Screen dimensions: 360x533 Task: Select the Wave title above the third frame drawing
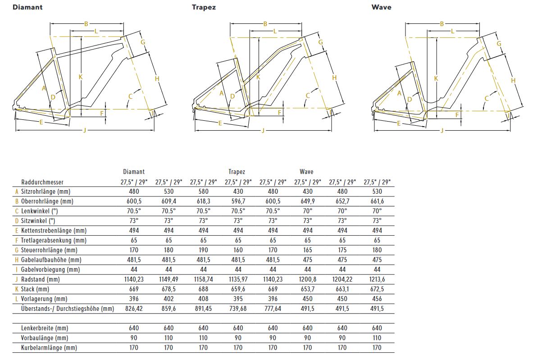point(381,7)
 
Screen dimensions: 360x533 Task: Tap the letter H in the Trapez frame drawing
point(334,78)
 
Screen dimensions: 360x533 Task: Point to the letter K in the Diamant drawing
point(81,77)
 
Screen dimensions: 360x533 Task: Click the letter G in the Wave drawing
point(499,44)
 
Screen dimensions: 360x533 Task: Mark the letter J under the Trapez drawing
point(264,131)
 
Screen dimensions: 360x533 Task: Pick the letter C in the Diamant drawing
point(131,96)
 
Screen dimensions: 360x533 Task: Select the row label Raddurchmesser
point(43,182)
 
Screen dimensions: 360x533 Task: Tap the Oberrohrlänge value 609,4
point(168,201)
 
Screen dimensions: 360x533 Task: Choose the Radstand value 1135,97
point(238,279)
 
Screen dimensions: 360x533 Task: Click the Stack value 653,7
point(307,289)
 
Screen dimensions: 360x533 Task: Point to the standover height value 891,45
point(203,309)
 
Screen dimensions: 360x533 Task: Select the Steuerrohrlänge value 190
point(203,250)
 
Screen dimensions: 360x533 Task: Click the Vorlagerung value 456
point(377,299)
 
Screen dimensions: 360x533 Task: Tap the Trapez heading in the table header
point(237,172)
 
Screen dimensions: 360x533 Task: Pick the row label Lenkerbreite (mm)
point(45,328)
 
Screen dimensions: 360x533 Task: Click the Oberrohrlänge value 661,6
point(377,201)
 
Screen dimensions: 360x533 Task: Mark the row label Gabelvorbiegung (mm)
point(50,269)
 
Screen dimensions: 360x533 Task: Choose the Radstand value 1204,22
point(342,279)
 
